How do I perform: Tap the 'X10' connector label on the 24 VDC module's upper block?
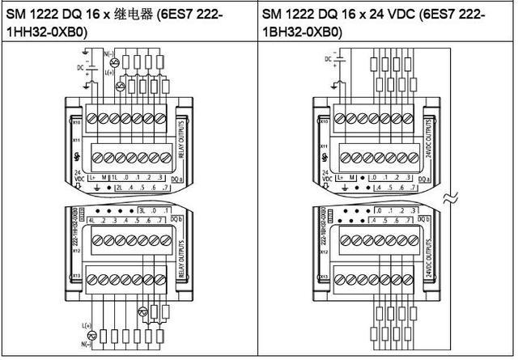[325, 121]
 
